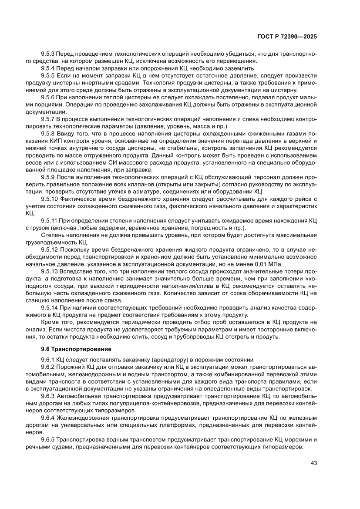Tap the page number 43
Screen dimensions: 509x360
[313, 462]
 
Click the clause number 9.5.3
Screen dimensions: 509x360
[47, 54]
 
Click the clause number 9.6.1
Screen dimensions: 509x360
[47, 361]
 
